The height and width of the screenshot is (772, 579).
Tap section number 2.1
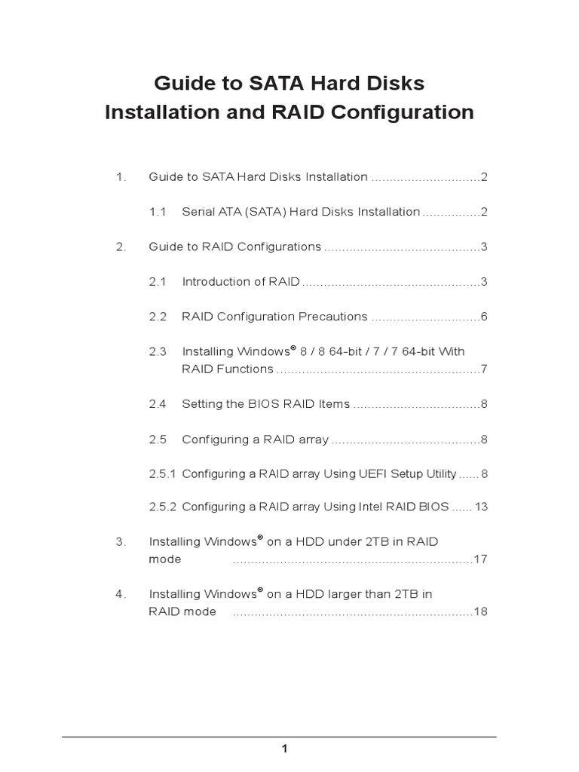pos(157,282)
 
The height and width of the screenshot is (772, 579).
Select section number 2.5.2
pos(162,507)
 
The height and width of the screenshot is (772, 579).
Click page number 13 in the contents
pos(481,507)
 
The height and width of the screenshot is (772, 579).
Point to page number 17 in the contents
pos(481,559)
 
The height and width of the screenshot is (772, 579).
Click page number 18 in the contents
pos(481,611)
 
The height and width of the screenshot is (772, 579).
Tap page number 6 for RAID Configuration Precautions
pos(484,317)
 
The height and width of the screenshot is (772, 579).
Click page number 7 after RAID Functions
pos(484,369)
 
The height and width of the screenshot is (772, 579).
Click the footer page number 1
pos(284,749)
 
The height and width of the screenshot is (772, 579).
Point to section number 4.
pos(119,594)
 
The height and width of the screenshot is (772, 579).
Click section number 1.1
pos(157,212)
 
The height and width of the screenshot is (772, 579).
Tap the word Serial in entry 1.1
pos(198,212)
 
